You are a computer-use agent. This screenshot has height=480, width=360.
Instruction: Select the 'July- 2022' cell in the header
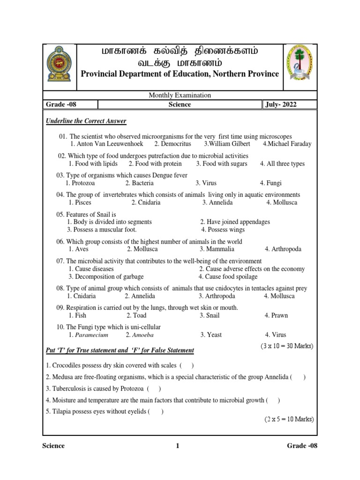tap(281, 105)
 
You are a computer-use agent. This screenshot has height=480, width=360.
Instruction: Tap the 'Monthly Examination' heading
tap(180, 95)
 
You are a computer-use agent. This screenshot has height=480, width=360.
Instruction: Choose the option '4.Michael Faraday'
tap(287, 144)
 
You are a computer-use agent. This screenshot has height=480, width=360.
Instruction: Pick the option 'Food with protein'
tap(155, 164)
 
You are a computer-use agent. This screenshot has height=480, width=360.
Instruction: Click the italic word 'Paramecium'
tap(89, 335)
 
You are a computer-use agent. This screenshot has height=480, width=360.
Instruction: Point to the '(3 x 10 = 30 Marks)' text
tap(287, 346)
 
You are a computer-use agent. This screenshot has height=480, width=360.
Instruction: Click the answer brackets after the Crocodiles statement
tap(186, 365)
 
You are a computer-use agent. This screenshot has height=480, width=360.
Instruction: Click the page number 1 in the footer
tap(178, 446)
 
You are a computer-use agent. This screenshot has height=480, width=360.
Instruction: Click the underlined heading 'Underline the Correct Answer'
tap(86, 121)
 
